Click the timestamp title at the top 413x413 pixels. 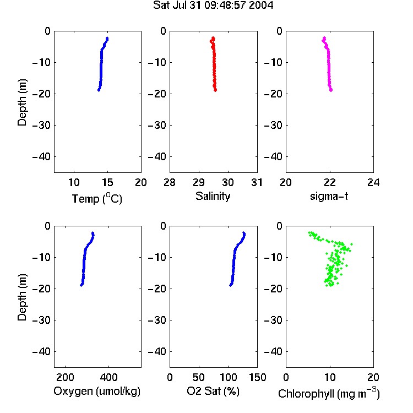pos(213,5)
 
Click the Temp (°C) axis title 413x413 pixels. pos(97,199)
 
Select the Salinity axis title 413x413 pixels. pos(213,196)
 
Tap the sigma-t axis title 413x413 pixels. pos(329,196)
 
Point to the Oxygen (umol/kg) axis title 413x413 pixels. pos(97,391)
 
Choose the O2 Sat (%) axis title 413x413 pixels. pos(213,391)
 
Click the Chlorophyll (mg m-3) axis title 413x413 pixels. pos(329,393)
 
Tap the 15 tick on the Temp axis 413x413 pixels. pos(107,182)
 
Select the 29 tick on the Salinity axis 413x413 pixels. pos(199,182)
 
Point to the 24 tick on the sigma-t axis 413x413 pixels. pos(373,182)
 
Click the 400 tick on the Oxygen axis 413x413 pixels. pos(108,377)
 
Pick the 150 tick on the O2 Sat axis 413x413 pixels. pos(257,377)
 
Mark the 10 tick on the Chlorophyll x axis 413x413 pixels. pos(329,377)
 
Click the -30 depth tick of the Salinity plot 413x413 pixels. pos(157,125)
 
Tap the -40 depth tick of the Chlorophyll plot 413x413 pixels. pos(273,351)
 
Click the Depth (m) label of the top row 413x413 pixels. pos(22,102)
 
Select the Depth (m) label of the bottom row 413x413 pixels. pos(22,297)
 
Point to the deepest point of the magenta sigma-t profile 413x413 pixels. pos(331,90)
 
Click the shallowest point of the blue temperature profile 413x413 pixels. pos(107,39)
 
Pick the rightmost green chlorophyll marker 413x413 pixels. pos(351,244)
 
